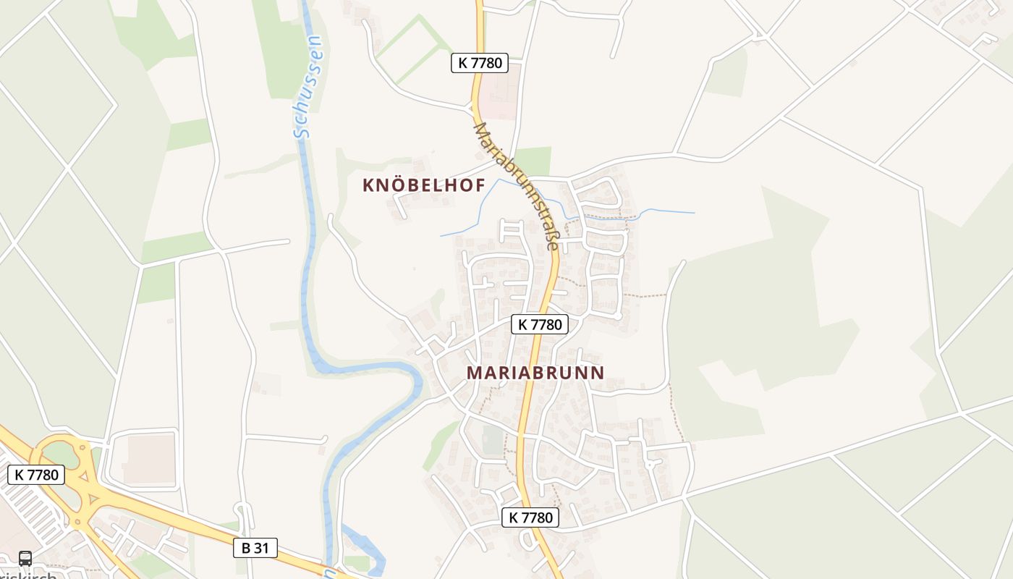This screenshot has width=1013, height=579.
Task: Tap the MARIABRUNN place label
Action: click(535, 373)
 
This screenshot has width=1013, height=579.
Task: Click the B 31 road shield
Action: click(255, 548)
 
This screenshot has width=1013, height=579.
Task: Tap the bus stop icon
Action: click(25, 559)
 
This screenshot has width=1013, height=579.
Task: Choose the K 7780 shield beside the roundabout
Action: click(36, 475)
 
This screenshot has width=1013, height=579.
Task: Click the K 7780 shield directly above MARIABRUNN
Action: click(540, 324)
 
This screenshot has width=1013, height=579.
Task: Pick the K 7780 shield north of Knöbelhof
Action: click(479, 63)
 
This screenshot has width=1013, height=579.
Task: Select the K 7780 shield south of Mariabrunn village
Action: click(530, 517)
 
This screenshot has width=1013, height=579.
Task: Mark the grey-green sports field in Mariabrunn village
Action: click(493, 439)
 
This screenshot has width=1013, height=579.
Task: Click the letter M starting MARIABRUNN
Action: click(475, 373)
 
